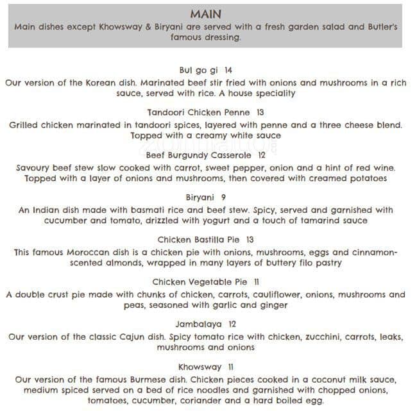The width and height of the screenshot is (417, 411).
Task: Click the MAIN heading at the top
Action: [x=206, y=13]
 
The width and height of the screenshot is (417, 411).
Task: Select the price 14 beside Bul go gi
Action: [x=228, y=71]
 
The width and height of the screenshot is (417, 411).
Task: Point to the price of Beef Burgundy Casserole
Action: [x=262, y=155]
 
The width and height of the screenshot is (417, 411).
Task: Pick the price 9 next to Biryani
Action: [x=223, y=197]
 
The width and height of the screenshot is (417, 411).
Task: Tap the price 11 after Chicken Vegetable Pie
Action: [x=257, y=282]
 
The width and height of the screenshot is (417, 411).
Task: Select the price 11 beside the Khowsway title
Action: [x=230, y=367]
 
